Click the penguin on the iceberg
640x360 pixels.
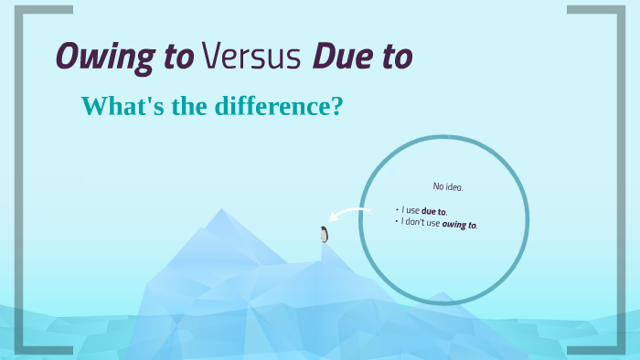click(324, 234)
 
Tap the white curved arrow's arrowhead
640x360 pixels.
click(334, 218)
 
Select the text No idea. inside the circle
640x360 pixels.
click(448, 186)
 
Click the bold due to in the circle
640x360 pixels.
click(434, 211)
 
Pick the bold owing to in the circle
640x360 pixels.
click(460, 224)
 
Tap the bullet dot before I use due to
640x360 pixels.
click(397, 209)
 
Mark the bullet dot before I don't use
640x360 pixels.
click(398, 220)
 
